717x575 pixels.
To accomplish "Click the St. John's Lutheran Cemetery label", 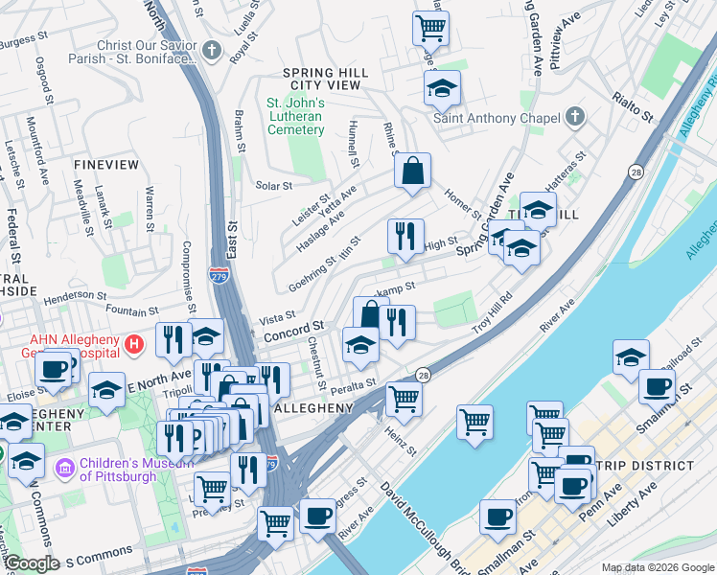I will tap(294, 116).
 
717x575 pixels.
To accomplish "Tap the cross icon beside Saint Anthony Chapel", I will tap(574, 118).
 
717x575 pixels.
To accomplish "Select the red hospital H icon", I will tap(135, 342).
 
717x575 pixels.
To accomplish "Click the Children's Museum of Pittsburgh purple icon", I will tap(65, 469).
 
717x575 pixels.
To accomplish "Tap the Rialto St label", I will tap(633, 107).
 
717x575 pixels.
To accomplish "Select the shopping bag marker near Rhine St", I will tap(412, 172).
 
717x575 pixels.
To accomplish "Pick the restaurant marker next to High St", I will tap(405, 237).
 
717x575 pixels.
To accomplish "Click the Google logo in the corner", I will tap(32, 563).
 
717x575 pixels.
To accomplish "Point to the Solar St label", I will tap(272, 185).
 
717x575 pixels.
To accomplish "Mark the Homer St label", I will tap(461, 204).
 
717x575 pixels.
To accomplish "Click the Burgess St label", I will tap(24, 41).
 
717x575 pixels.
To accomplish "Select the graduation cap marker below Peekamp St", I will tap(360, 345).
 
